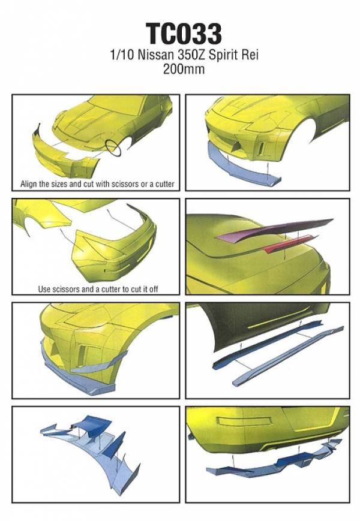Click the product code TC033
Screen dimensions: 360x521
(184, 34)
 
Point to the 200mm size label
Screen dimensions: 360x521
(184, 69)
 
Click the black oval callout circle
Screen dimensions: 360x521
(113, 148)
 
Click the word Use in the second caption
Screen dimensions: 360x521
(44, 289)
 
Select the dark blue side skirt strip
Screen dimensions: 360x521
(266, 345)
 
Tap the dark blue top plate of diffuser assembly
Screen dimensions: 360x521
(92, 422)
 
